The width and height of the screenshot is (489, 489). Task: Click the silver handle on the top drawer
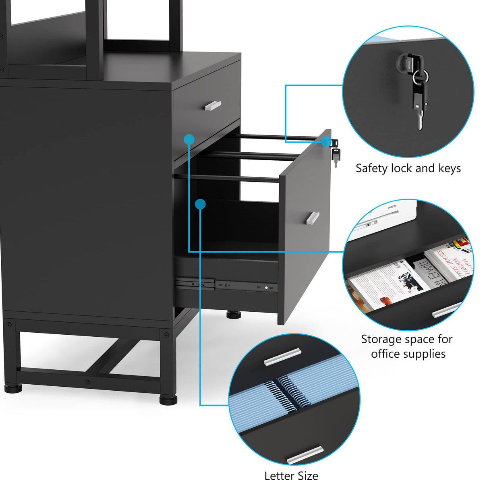213,106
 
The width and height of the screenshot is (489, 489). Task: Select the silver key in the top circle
420,120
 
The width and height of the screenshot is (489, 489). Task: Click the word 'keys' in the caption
450,168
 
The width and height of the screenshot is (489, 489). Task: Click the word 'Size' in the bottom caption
308,476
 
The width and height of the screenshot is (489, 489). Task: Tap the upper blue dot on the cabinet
189,139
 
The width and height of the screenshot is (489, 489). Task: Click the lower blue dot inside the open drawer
200,204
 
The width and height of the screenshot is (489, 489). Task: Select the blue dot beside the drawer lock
325,141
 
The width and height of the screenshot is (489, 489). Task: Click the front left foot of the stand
14,389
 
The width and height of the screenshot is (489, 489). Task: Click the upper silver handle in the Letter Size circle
283,356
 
